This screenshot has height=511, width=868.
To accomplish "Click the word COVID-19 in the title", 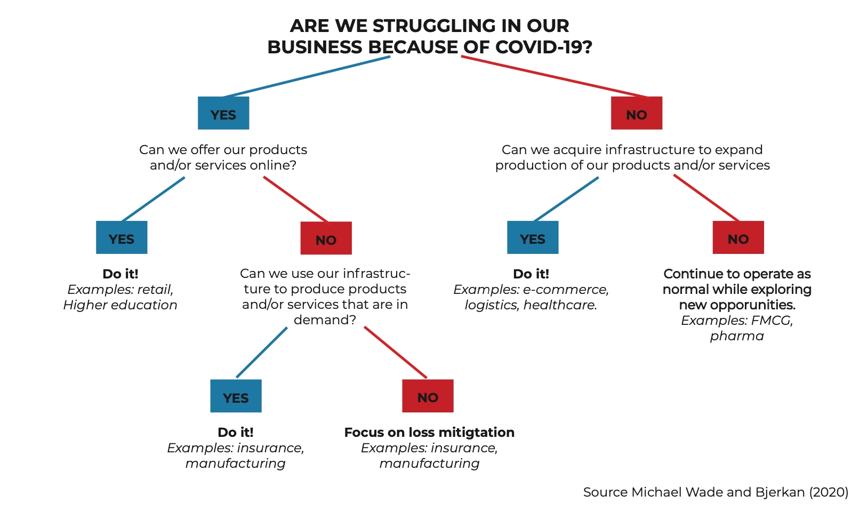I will point(543,47).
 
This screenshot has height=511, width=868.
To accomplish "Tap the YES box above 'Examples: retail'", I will point(122,237).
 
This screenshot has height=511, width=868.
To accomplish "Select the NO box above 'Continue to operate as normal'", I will point(738,237).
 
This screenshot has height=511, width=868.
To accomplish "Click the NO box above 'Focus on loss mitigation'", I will point(428,396).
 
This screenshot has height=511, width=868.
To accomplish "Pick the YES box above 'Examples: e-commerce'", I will point(533,237).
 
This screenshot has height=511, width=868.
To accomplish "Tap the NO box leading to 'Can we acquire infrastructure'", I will point(636,113).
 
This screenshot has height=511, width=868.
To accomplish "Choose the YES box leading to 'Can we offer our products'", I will point(223,113).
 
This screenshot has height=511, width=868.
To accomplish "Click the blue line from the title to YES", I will point(307,77).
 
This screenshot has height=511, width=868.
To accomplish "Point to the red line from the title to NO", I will point(554,77).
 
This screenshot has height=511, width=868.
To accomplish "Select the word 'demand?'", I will point(325,320).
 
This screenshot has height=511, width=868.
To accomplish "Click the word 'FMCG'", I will point(771,321).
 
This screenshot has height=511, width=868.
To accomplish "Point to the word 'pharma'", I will point(737,336).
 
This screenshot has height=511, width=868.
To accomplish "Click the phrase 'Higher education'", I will point(120,305).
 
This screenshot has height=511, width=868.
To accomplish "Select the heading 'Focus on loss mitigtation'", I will point(429,432).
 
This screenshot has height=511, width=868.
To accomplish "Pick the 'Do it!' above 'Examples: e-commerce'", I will point(531,274).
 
